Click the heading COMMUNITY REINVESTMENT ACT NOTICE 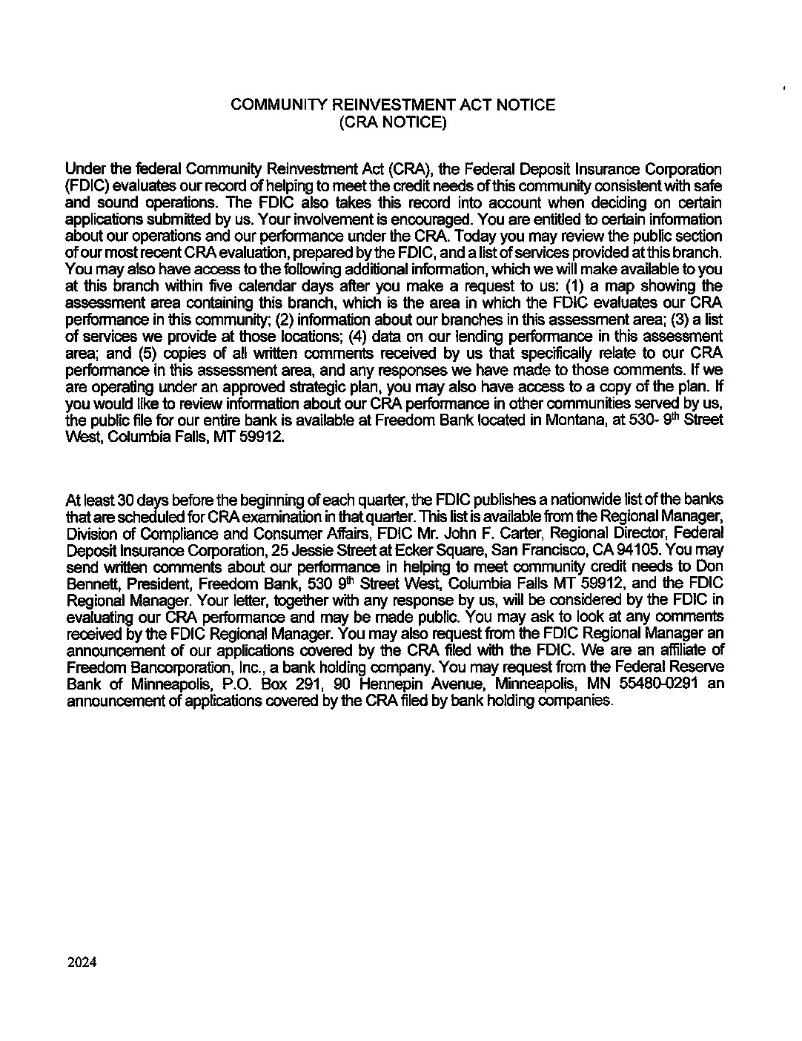point(393,105)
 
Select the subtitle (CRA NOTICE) point(393,122)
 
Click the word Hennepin point(394,683)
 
